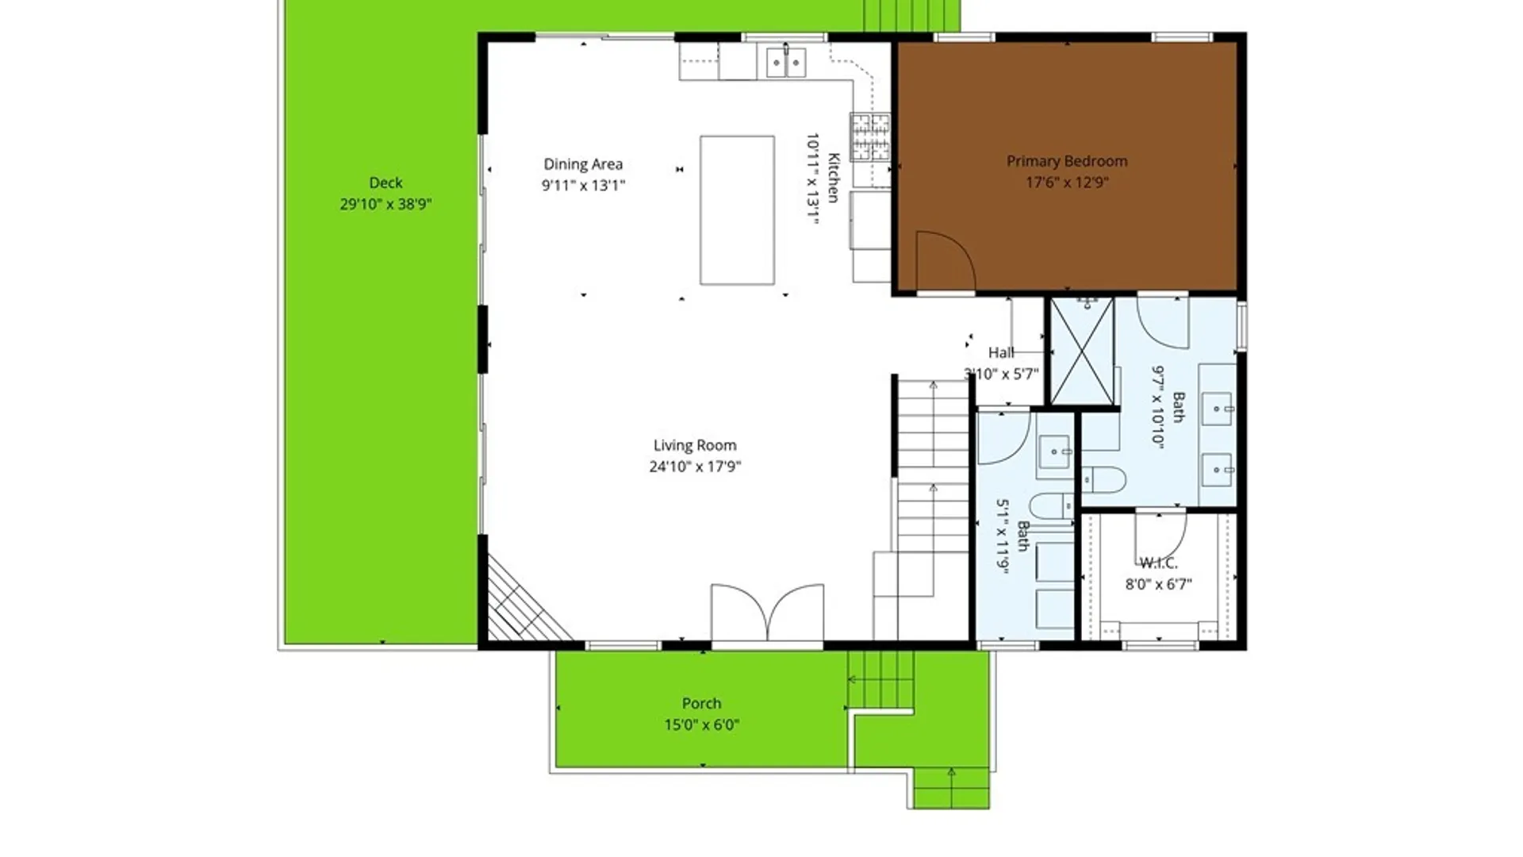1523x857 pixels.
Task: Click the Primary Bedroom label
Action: click(x=1067, y=161)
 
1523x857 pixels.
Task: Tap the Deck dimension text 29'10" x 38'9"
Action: click(x=386, y=204)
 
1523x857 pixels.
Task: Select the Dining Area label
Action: click(x=583, y=164)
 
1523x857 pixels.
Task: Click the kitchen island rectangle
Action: click(x=737, y=210)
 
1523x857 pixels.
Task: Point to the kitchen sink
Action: click(x=786, y=62)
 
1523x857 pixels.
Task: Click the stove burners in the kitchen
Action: click(x=870, y=137)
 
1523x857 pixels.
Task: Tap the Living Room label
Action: click(x=695, y=445)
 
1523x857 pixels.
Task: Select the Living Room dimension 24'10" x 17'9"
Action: click(x=695, y=467)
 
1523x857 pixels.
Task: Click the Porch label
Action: click(x=702, y=703)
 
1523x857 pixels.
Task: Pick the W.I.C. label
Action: click(x=1159, y=563)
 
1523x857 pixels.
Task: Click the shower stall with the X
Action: click(x=1082, y=352)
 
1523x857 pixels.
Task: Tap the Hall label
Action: click(x=1001, y=352)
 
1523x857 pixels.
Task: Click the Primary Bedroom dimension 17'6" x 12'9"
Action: click(x=1067, y=183)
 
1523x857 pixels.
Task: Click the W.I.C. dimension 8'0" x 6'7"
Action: click(x=1159, y=585)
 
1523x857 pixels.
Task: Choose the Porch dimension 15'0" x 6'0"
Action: click(x=702, y=724)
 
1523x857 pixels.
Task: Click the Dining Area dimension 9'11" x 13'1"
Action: click(x=583, y=186)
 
